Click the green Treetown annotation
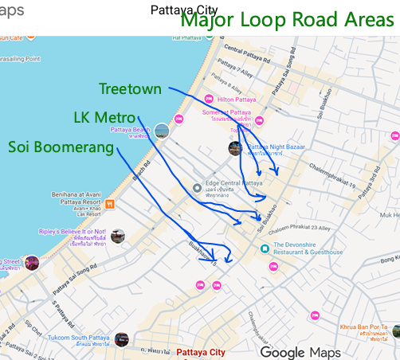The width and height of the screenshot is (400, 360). click(130, 89)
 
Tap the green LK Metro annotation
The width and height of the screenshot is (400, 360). click(104, 117)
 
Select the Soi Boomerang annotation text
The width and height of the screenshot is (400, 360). click(61, 147)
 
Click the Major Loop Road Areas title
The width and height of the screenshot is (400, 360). click(287, 20)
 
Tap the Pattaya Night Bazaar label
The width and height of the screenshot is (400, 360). click(278, 151)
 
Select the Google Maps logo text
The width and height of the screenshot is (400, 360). click(300, 352)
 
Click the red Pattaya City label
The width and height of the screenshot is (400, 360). click(201, 352)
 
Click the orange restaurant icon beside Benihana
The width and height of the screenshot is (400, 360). click(110, 204)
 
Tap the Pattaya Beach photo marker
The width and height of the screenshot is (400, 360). click(163, 131)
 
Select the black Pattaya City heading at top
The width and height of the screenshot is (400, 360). click(184, 10)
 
